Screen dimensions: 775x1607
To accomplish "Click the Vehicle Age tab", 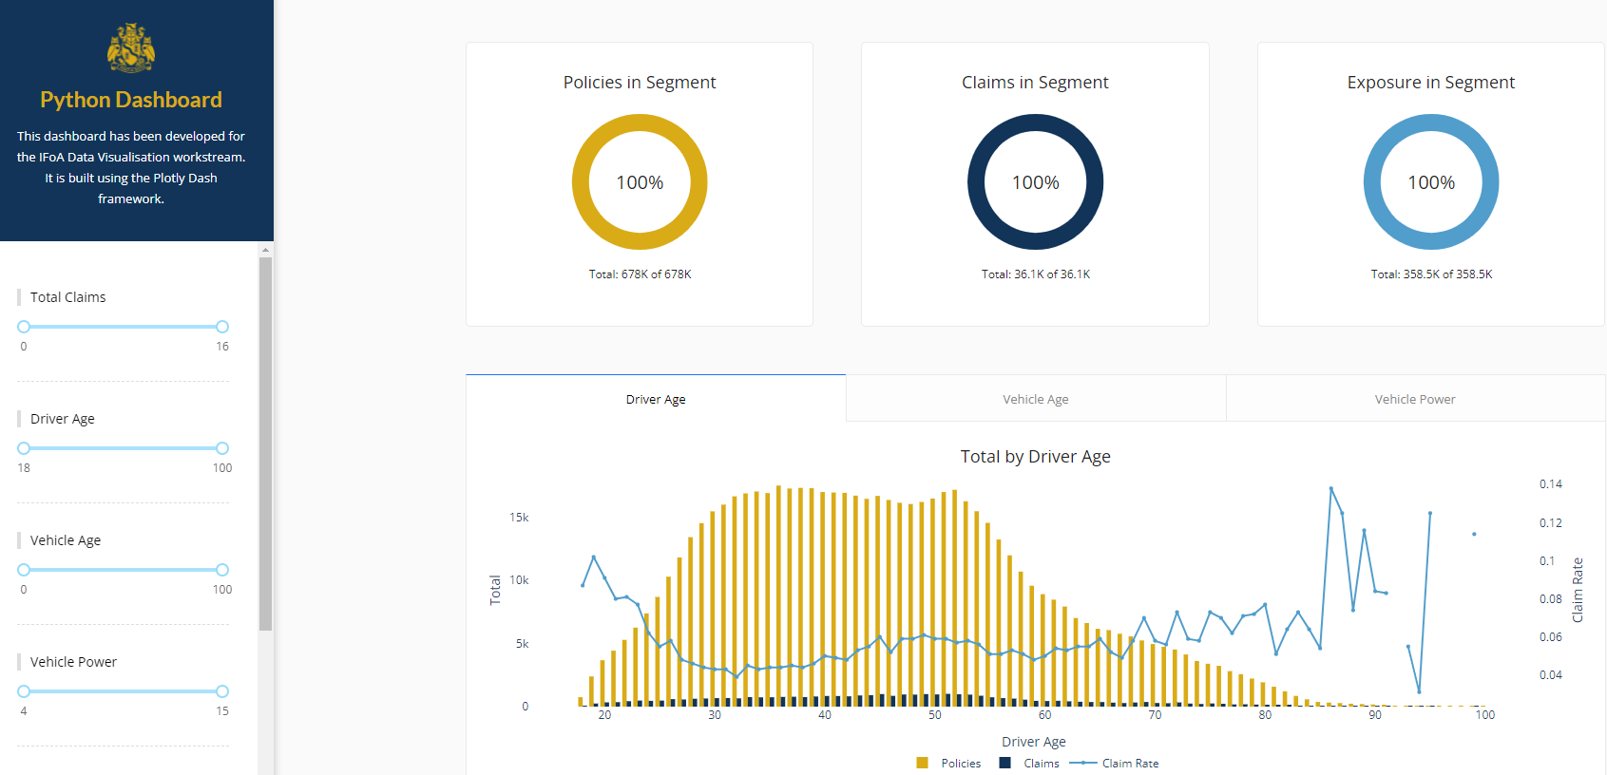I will pyautogui.click(x=1035, y=399).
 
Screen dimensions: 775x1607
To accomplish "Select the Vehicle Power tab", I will pyautogui.click(x=1414, y=399).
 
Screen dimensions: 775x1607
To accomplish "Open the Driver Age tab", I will pyautogui.click(x=656, y=399).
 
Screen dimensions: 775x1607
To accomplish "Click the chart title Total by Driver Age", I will pyautogui.click(x=1035, y=457).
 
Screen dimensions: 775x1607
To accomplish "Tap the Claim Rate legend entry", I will pyautogui.click(x=1129, y=764).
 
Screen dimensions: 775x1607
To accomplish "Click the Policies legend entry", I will pyautogui.click(x=960, y=764).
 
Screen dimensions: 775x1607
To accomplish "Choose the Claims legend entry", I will pyautogui.click(x=1041, y=764).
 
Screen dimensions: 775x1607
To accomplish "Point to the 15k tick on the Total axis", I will pyautogui.click(x=519, y=518).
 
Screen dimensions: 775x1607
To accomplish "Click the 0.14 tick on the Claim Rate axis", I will pyautogui.click(x=1550, y=484).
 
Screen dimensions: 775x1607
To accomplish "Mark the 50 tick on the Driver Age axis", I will pyautogui.click(x=935, y=715).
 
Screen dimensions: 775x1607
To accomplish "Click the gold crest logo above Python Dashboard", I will pyautogui.click(x=131, y=48).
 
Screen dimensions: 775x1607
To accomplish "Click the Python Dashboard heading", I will pyautogui.click(x=131, y=100).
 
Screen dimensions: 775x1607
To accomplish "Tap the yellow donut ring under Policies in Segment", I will pyautogui.click(x=581, y=182).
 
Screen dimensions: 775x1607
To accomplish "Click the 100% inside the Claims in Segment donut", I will pyautogui.click(x=1035, y=182).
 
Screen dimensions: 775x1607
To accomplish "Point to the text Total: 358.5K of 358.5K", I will pyautogui.click(x=1431, y=274).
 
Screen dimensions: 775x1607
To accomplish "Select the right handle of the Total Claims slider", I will pyautogui.click(x=222, y=327).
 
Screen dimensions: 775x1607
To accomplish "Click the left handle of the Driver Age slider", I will pyautogui.click(x=24, y=448).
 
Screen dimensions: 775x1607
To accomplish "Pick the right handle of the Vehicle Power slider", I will pyautogui.click(x=222, y=691).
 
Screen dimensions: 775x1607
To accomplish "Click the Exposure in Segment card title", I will pyautogui.click(x=1430, y=83).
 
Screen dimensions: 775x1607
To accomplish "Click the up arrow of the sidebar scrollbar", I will pyautogui.click(x=266, y=250).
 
